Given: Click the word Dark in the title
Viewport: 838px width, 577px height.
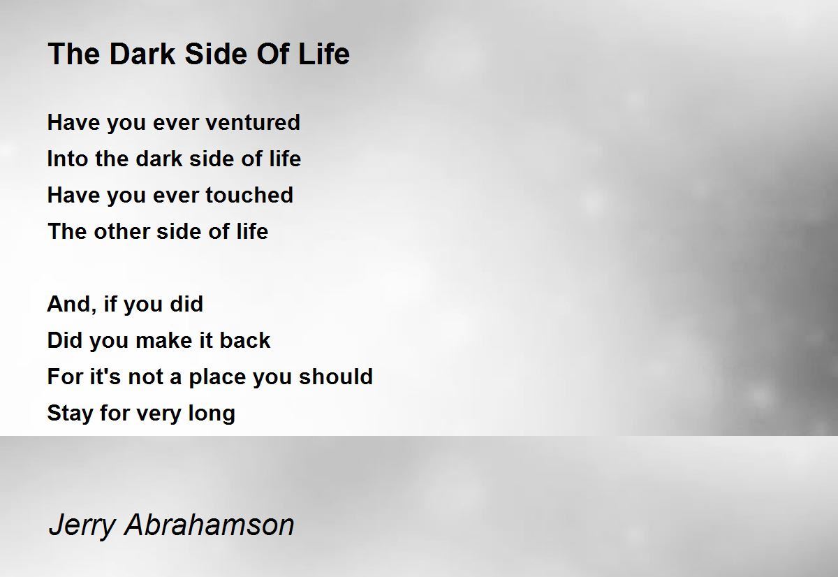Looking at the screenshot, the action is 142,54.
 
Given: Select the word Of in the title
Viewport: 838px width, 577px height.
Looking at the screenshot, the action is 272,54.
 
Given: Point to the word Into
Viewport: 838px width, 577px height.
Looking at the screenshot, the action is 68,159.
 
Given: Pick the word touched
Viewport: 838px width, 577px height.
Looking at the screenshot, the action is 249,195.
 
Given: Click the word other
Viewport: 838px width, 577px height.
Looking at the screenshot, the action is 122,231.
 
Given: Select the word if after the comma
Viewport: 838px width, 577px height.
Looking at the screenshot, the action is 111,304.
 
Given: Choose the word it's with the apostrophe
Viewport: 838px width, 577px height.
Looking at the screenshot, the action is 105,377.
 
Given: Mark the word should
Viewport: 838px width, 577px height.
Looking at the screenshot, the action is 336,377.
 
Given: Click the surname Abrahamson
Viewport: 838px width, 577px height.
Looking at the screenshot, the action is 209,525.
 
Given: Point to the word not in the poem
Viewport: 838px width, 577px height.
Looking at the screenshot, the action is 145,377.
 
